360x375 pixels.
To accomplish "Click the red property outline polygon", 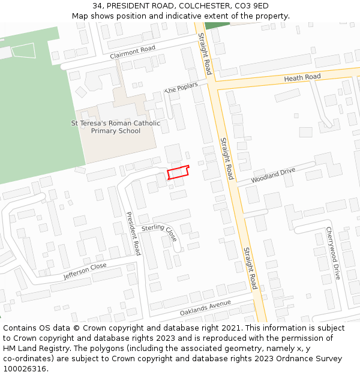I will coord(178,173).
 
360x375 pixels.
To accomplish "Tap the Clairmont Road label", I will coord(133,52).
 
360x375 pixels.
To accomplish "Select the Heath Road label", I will coord(302,77).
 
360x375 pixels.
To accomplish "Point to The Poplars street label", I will coord(181,88).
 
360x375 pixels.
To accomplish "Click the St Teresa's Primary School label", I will coord(116,127).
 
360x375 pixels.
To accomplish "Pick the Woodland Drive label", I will coord(273,175).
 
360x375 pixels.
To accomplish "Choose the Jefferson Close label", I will coord(85,272).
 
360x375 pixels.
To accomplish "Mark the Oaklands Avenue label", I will coord(205,308).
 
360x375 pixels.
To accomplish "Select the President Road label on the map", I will coord(133,233).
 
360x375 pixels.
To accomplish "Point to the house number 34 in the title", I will coord(97,6).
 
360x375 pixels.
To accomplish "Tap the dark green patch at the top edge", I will coord(217,25).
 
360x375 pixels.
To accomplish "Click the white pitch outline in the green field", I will coord(24,50).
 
